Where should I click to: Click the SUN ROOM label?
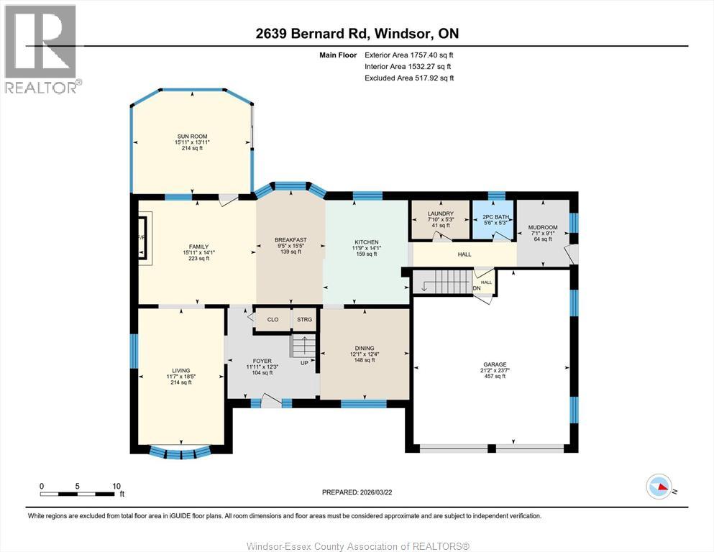pyautogui.click(x=192, y=137)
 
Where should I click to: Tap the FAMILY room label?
pyautogui.click(x=198, y=247)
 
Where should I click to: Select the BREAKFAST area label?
pyautogui.click(x=290, y=240)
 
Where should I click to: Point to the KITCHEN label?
pyautogui.click(x=367, y=242)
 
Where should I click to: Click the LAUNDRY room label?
pyautogui.click(x=440, y=213)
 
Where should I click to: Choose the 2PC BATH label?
pyautogui.click(x=495, y=217)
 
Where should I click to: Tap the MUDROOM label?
pyautogui.click(x=543, y=227)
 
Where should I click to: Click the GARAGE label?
pyautogui.click(x=495, y=364)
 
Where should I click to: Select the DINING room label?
pyautogui.click(x=365, y=348)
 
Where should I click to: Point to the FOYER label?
pyautogui.click(x=262, y=361)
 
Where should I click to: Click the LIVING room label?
pyautogui.click(x=180, y=370)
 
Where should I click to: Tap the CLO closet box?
pyautogui.click(x=273, y=319)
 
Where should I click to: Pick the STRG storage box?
pyautogui.click(x=305, y=319)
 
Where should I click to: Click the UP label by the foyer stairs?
pyautogui.click(x=304, y=363)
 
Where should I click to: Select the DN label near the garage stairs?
pyautogui.click(x=477, y=288)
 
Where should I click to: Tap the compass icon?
pyautogui.click(x=659, y=487)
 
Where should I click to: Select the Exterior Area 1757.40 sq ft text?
pyautogui.click(x=409, y=55)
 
